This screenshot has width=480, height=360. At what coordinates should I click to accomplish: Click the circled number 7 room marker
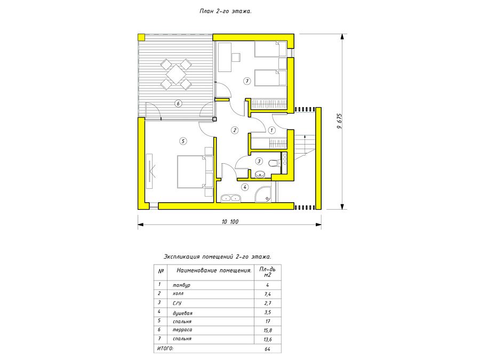coord(247,81)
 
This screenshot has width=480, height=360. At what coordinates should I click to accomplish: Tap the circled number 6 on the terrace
coord(178,103)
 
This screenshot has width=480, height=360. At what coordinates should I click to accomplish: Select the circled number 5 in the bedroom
coord(183,141)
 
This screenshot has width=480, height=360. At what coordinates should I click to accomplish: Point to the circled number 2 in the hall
coord(235,130)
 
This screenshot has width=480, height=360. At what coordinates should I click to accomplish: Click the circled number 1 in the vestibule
coord(271,130)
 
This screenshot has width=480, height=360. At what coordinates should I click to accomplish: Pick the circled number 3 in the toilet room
coord(259,161)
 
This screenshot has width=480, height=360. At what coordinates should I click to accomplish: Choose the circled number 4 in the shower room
coord(245,187)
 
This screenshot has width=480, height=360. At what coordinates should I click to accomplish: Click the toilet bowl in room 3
coord(274,163)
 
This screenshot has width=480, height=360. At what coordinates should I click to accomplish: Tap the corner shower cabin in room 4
coord(263,194)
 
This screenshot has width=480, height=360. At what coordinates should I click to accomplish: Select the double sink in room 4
coord(230,198)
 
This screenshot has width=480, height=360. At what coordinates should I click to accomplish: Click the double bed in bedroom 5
coord(191,172)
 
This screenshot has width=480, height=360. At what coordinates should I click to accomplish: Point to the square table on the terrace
coord(175,74)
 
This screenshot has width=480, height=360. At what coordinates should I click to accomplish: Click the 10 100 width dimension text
coord(230,222)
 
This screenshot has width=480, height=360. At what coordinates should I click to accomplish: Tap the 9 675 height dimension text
coord(340,121)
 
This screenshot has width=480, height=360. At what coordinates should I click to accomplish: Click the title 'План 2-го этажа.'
coord(226,11)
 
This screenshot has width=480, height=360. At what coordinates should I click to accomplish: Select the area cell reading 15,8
coord(268,330)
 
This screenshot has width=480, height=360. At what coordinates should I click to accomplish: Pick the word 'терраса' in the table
coord(182,330)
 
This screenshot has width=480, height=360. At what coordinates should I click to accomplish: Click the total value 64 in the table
coord(268,349)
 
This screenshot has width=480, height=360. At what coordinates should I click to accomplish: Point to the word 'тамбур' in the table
coord(181,285)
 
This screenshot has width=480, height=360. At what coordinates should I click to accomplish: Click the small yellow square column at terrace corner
coord(141,37)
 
